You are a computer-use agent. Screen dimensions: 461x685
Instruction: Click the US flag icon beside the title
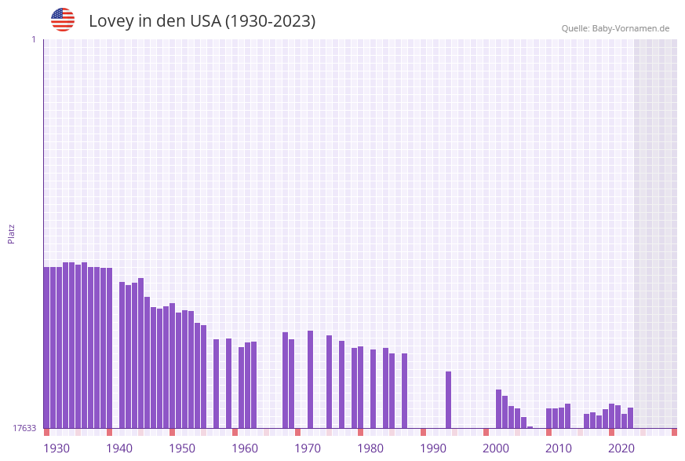click(63, 20)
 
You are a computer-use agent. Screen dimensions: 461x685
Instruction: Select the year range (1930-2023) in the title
click(270, 21)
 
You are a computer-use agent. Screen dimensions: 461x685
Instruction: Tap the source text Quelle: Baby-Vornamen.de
click(615, 28)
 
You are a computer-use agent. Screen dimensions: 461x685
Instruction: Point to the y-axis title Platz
click(12, 233)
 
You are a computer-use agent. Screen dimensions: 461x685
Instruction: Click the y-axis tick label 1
click(33, 39)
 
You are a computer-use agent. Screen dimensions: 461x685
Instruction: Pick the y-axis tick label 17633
click(24, 428)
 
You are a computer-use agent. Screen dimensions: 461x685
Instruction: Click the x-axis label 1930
click(56, 448)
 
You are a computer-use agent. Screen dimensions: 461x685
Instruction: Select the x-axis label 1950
click(181, 448)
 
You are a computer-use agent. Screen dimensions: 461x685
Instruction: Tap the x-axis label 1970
click(307, 448)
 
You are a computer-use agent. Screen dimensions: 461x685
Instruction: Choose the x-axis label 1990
click(432, 448)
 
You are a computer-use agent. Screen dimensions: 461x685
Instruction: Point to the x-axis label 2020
click(621, 448)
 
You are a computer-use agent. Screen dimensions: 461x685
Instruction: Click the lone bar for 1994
click(449, 400)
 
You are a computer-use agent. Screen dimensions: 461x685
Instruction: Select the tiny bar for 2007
click(530, 427)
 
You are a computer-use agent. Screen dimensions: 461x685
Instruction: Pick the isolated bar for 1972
click(311, 379)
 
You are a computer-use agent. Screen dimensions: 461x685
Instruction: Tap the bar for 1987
click(405, 390)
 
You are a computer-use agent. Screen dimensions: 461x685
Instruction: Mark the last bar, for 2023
click(631, 418)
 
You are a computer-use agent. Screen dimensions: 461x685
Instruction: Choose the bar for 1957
click(217, 383)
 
